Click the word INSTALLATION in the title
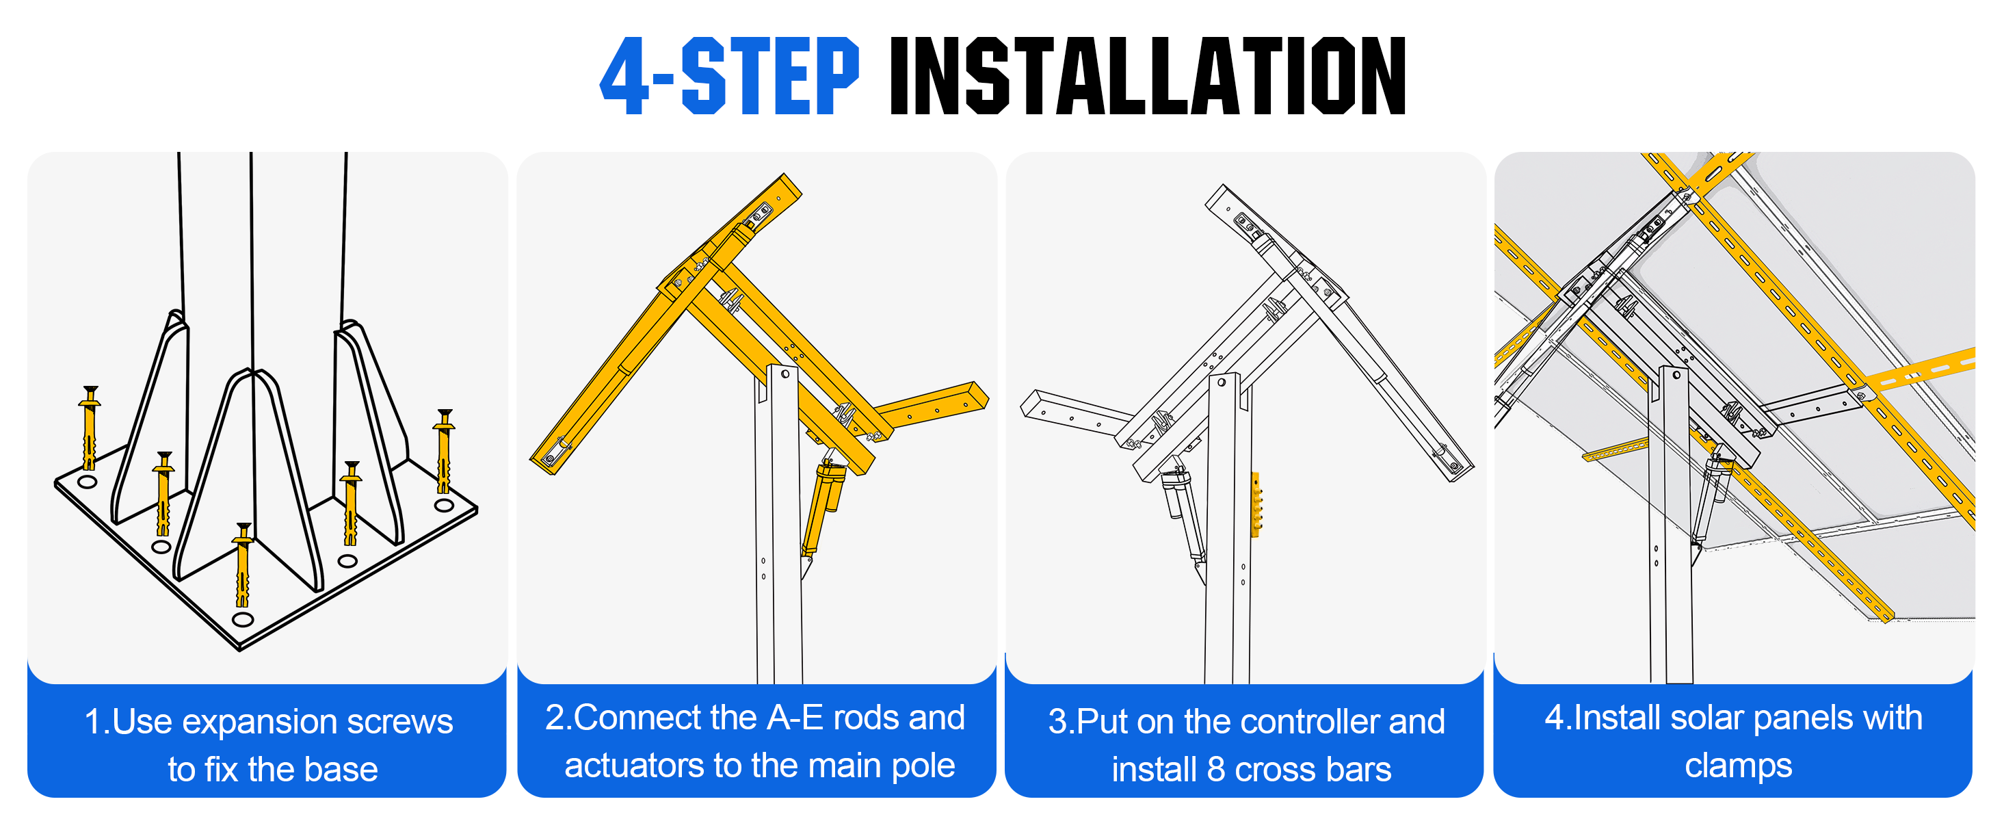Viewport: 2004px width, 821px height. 1148,75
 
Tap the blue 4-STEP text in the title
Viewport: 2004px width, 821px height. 729,75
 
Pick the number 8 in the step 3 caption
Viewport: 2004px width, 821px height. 1217,770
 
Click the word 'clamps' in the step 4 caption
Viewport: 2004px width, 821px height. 1738,766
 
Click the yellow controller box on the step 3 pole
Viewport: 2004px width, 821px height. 1256,504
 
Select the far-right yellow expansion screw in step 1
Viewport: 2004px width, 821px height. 443,452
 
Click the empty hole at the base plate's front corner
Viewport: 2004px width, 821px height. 243,619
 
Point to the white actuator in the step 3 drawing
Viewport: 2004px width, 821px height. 1183,517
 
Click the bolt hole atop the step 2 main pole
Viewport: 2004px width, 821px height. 785,374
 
